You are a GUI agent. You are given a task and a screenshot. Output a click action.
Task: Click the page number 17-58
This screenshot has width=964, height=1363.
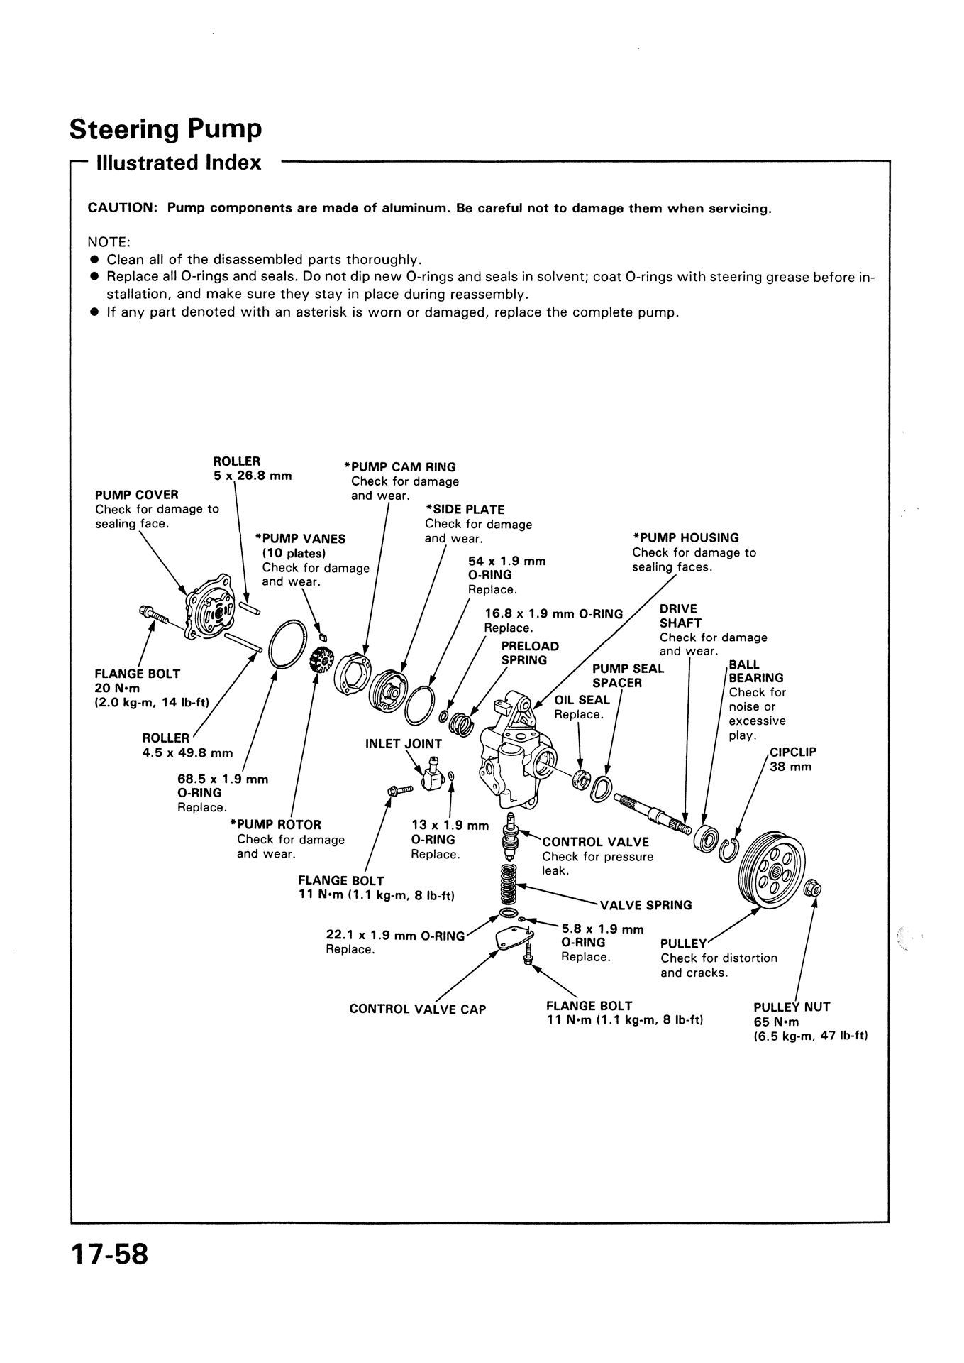(109, 1253)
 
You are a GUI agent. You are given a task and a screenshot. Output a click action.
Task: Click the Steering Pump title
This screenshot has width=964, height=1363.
(166, 129)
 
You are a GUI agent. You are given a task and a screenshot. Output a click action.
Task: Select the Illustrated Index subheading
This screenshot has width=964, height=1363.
(179, 163)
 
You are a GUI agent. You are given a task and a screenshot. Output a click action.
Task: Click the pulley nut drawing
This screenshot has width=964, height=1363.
(814, 887)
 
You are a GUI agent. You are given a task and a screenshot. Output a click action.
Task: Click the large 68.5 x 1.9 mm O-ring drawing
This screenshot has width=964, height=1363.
(289, 644)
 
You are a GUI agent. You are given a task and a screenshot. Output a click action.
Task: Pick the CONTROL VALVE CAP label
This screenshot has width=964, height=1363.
(418, 1009)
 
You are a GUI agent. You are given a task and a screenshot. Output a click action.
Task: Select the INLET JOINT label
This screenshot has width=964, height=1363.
(403, 744)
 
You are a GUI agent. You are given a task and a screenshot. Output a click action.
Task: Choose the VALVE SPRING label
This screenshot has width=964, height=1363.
(646, 905)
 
